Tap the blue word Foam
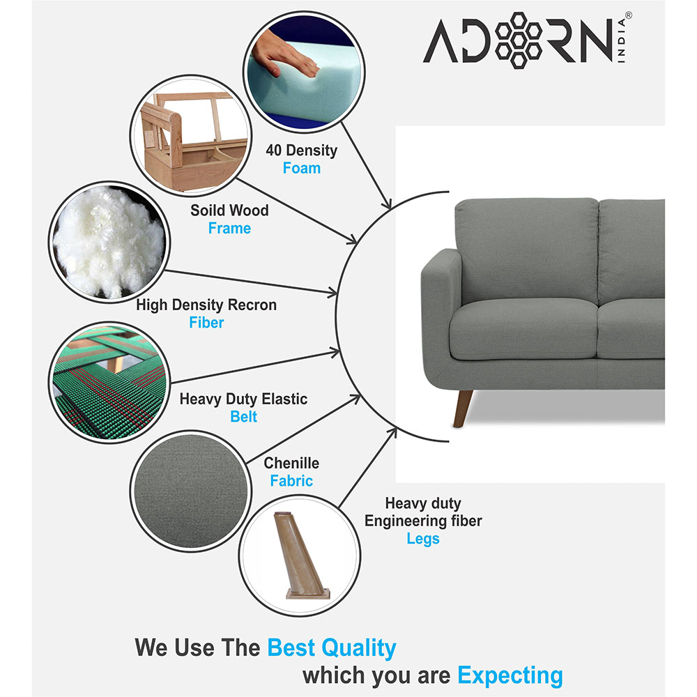tap(301, 168)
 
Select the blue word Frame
tap(229, 228)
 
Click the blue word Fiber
tap(206, 323)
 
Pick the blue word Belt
tap(243, 417)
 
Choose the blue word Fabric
tap(291, 481)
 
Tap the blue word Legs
tap(423, 539)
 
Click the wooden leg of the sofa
tap(462, 408)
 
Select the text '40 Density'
tap(301, 150)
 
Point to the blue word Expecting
tap(510, 675)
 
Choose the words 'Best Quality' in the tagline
tap(331, 648)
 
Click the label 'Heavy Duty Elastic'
tap(243, 399)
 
